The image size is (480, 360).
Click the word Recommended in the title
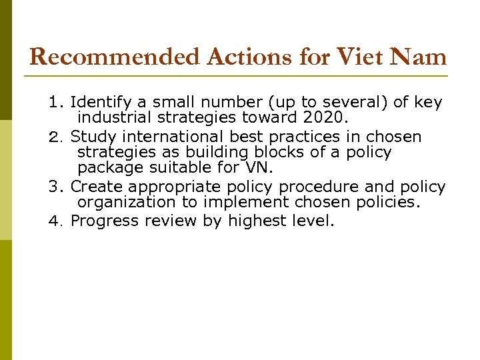coord(115,57)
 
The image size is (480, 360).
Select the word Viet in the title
coord(358,57)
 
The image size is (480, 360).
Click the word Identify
coord(101,103)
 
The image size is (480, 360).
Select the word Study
coord(93,137)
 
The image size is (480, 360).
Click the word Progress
coord(103,221)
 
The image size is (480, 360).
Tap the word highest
coord(256,221)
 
